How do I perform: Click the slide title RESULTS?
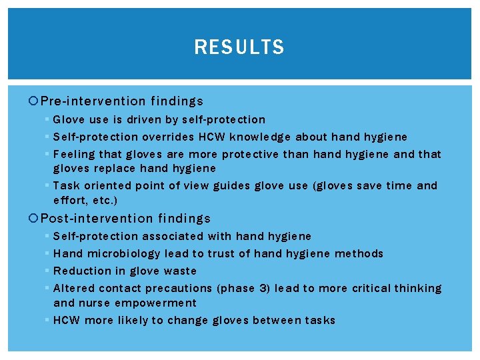coord(239,47)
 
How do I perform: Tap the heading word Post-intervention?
coord(96,218)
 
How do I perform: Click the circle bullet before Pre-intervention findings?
coord(35,101)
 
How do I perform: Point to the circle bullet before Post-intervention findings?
coord(35,218)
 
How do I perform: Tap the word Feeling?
coord(74,154)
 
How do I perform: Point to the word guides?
coord(235,185)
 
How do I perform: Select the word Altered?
coord(73,288)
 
